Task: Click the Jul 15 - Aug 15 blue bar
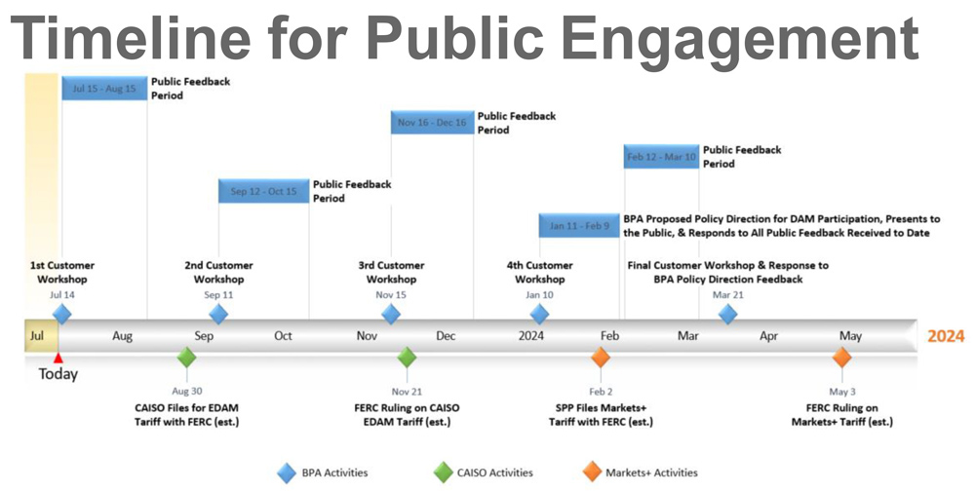tap(104, 89)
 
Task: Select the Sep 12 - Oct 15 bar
tap(263, 191)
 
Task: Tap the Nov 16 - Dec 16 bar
tap(432, 123)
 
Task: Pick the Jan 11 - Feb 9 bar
tap(579, 225)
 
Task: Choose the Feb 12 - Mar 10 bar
tap(662, 157)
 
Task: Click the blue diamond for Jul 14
tap(61, 315)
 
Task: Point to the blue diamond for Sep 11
tap(218, 315)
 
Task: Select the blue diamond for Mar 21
tap(727, 315)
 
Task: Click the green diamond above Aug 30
tap(186, 358)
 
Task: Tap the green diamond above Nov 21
tap(407, 358)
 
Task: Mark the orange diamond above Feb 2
tap(600, 358)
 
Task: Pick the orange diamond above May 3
tap(842, 358)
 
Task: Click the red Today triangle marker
tap(58, 359)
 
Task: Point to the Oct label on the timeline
tap(283, 336)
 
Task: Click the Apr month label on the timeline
tap(768, 337)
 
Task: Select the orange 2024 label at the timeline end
tap(946, 336)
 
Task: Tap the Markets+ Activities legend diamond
tap(593, 473)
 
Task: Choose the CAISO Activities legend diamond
tap(444, 473)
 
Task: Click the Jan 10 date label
tap(539, 294)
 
